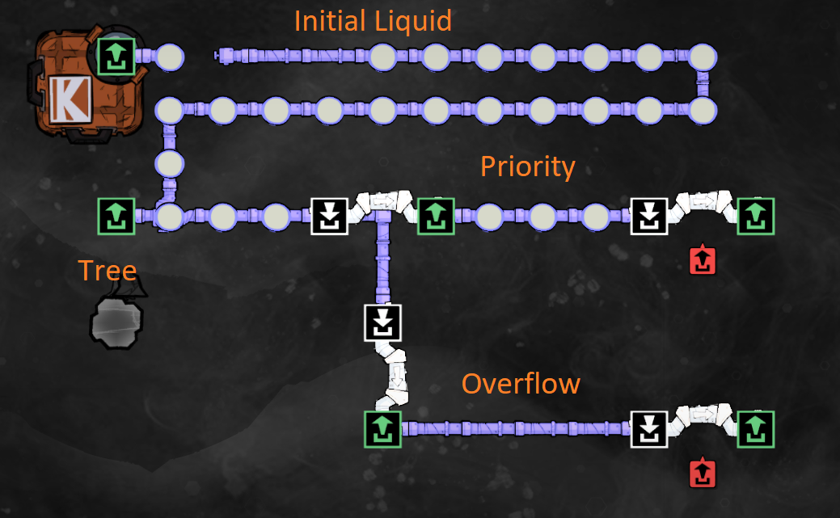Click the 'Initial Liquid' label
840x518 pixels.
373,20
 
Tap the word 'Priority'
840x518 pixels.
527,166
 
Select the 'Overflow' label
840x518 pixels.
521,383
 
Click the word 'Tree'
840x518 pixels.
107,271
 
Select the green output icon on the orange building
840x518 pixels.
115,57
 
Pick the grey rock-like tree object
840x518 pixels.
116,318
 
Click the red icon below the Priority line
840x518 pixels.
703,260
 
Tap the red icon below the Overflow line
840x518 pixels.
703,474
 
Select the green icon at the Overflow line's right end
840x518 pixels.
755,429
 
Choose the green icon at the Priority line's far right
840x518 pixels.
755,217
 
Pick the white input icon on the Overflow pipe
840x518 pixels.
649,429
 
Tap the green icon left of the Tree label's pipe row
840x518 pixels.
115,217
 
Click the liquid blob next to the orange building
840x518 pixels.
169,57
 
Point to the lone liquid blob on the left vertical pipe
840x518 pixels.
170,163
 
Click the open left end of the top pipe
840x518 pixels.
218,56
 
